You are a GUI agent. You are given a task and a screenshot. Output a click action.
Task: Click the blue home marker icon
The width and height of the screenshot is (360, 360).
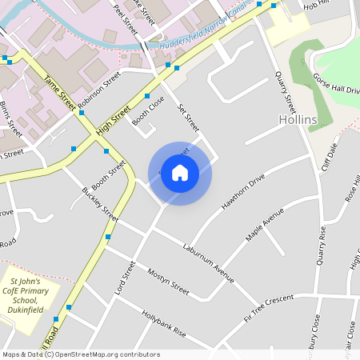coord(180,172)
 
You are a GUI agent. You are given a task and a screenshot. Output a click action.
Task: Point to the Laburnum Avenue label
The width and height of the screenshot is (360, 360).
coord(207,262)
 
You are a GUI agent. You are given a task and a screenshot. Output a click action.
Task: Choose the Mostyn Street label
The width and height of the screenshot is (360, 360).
coord(169,282)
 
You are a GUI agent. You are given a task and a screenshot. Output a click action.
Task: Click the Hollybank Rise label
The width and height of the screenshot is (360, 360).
coord(163,324)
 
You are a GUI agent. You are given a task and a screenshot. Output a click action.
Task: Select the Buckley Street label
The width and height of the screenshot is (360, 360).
coord(100,205)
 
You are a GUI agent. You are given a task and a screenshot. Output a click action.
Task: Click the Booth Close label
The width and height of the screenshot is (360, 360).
coord(148,112)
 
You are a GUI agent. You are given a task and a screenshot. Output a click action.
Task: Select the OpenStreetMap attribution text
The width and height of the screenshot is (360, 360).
coord(81,354)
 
